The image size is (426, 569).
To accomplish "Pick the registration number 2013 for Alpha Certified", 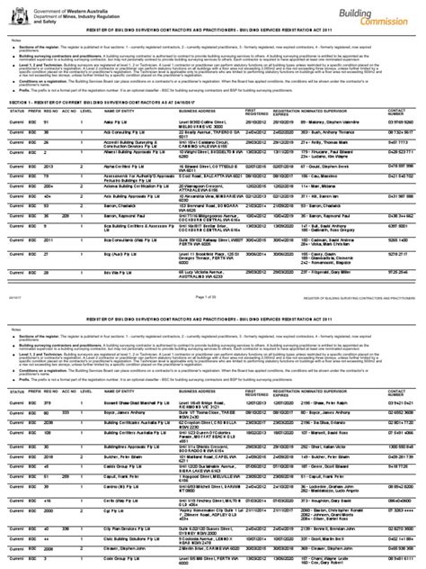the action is click(x=52, y=167).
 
